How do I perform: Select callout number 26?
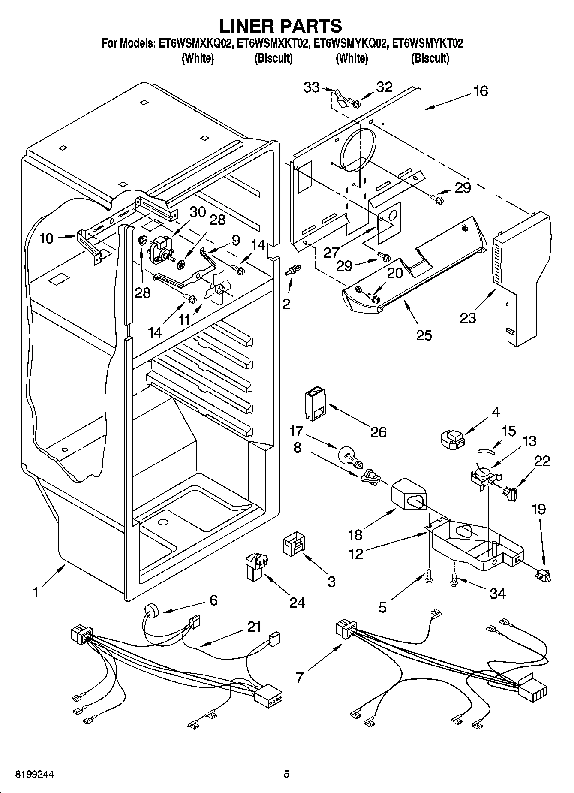click(x=379, y=431)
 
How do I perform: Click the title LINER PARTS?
click(x=281, y=26)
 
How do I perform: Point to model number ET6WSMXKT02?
click(x=273, y=43)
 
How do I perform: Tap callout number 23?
click(x=468, y=318)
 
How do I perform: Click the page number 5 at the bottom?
click(x=286, y=774)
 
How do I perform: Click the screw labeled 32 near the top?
click(x=355, y=103)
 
